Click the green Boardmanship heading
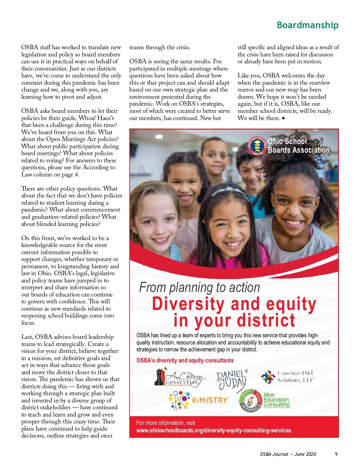307,25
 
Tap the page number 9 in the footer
336,454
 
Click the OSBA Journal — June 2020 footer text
288,454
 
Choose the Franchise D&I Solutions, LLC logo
287,377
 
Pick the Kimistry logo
198,400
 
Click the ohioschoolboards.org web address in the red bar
214,430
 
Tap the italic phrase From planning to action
199,287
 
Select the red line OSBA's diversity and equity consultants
185,360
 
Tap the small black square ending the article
283,118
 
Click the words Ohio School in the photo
287,141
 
